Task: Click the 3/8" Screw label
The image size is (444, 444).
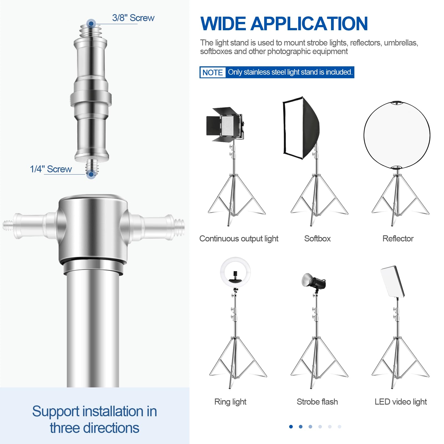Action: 133,18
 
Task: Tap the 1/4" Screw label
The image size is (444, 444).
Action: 51,169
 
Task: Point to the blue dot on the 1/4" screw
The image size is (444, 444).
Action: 91,175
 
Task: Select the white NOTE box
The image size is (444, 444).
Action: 213,72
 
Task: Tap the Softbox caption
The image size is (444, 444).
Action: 317,239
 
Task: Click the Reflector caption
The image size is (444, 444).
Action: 398,239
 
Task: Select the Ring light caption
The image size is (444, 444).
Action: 230,402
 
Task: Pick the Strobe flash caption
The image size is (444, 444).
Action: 317,402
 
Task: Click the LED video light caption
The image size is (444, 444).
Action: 400,402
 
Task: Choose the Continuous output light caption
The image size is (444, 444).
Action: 239,239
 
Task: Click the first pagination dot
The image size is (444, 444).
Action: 291,427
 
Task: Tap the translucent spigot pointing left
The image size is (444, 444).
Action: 28,225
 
